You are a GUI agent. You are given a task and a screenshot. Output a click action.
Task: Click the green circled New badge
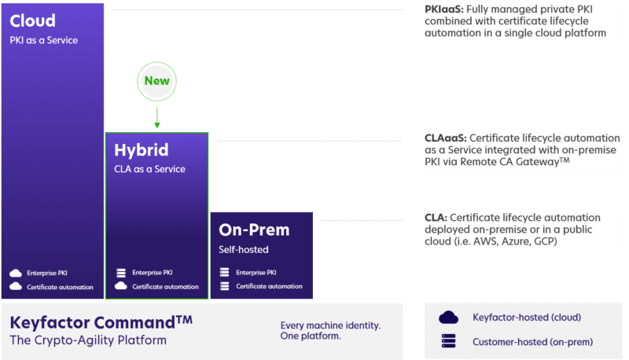pyautogui.click(x=156, y=80)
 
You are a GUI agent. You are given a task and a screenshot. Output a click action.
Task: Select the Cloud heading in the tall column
pyautogui.click(x=32, y=20)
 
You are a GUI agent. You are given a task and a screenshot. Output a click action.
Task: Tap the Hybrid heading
pyautogui.click(x=141, y=150)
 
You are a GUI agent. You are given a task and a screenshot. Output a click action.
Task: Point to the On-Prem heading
pyautogui.click(x=254, y=230)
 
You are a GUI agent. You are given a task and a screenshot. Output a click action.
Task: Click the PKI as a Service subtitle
pyautogui.click(x=44, y=40)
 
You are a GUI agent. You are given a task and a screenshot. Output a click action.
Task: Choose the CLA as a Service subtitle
pyautogui.click(x=149, y=169)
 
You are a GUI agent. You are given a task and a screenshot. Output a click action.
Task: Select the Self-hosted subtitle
pyautogui.click(x=243, y=249)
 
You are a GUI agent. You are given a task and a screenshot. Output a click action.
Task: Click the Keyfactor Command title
pyautogui.click(x=101, y=322)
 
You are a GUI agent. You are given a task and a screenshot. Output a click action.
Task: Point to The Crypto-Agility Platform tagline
pyautogui.click(x=88, y=340)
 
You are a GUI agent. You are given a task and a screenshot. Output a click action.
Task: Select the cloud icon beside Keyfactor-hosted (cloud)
pyautogui.click(x=448, y=318)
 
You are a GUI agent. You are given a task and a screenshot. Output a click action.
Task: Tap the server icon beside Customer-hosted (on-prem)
pyautogui.click(x=448, y=342)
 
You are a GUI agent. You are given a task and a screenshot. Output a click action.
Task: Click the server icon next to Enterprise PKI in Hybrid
pyautogui.click(x=120, y=273)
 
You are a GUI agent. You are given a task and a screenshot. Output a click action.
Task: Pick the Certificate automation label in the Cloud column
pyautogui.click(x=60, y=287)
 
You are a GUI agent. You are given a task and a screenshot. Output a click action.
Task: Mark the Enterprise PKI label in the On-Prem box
pyautogui.click(x=256, y=273)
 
